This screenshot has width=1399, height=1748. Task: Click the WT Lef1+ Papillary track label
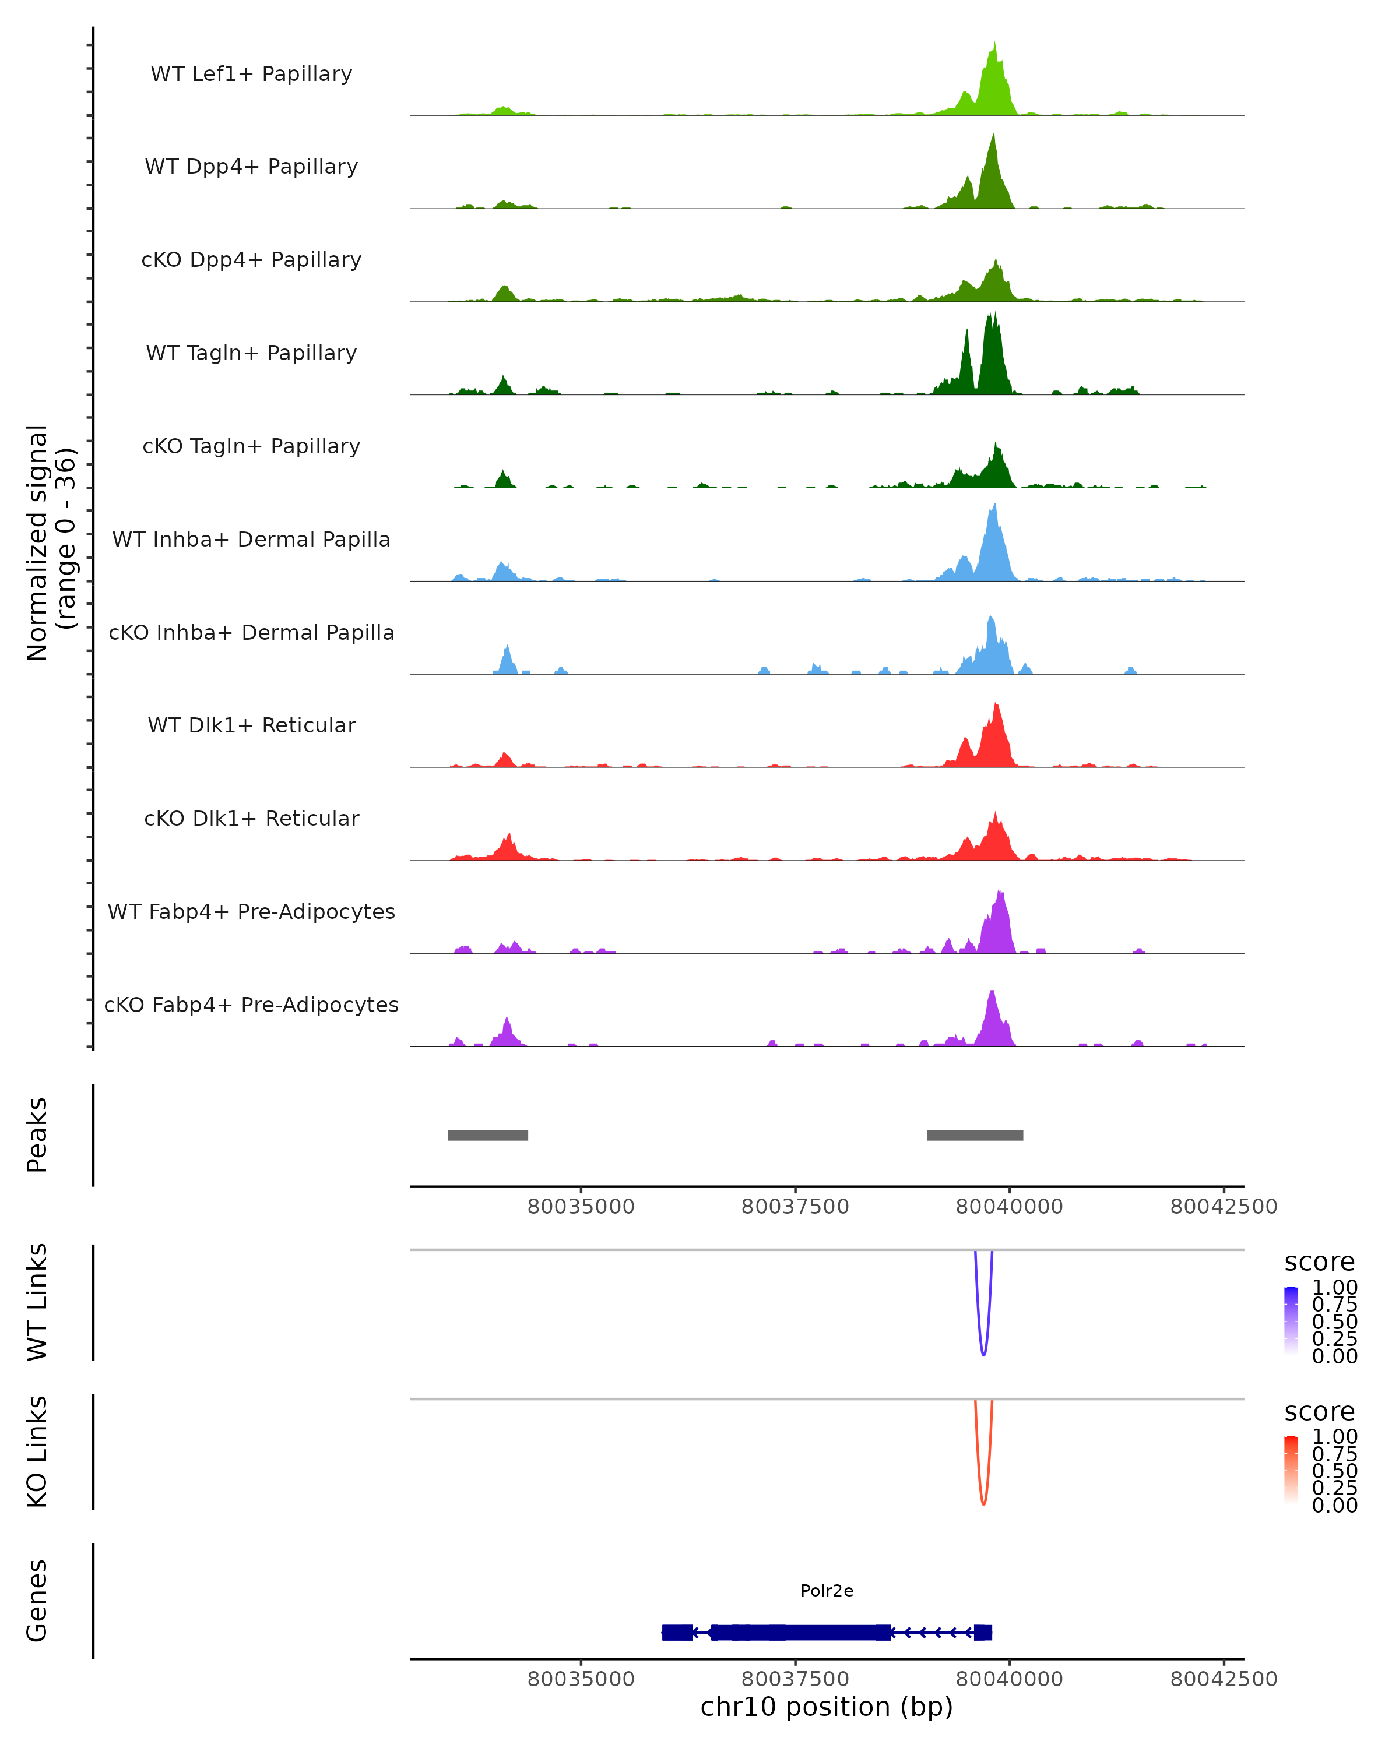pos(251,74)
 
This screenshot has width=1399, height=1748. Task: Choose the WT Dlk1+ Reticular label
pos(251,725)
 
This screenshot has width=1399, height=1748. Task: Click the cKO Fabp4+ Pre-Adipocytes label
pos(251,1005)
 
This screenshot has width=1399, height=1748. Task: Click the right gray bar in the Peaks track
pos(975,1135)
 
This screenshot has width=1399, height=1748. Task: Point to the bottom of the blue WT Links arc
pos(984,1354)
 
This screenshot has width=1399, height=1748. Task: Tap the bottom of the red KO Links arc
pos(984,1503)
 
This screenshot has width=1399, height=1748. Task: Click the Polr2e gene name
pos(827,1591)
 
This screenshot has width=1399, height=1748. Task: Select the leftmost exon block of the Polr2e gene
pos(677,1632)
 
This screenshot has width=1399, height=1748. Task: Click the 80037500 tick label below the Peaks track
pos(795,1207)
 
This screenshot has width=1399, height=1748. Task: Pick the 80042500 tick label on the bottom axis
pos(1223,1679)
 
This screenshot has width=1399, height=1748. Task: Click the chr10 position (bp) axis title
pos(827,1707)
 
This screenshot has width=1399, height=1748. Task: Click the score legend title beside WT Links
pos(1319,1263)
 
